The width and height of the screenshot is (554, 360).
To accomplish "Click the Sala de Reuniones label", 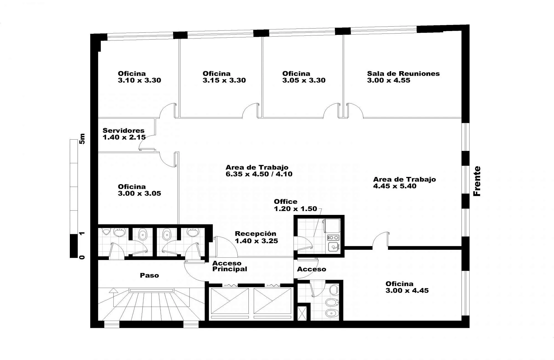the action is point(403,74).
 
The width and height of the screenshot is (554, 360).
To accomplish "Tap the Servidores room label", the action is point(124,130).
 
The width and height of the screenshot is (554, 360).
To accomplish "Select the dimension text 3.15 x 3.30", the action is point(224,80).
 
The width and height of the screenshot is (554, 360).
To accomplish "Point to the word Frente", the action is point(477,181).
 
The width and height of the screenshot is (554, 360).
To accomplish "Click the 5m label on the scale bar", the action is point(82,139).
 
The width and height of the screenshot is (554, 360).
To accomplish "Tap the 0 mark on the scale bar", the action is point(82,257).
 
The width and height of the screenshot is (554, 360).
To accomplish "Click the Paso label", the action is point(149,275).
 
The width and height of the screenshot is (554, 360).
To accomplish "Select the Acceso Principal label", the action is point(230,266).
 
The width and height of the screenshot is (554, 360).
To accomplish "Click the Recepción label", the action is point(255,234).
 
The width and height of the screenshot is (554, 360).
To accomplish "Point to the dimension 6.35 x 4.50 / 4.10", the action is point(259,174).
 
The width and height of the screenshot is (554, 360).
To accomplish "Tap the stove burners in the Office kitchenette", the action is point(333,237).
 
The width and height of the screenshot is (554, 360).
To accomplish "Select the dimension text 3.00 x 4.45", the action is point(407,290).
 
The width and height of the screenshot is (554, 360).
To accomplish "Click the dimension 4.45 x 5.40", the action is point(395,186).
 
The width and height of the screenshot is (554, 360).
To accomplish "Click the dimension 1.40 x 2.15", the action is point(124,137).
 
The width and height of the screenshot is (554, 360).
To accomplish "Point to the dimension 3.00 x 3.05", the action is point(139,193).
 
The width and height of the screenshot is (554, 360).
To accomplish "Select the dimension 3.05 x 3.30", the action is point(304,80).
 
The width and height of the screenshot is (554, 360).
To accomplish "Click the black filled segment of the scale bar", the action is point(74,246).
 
